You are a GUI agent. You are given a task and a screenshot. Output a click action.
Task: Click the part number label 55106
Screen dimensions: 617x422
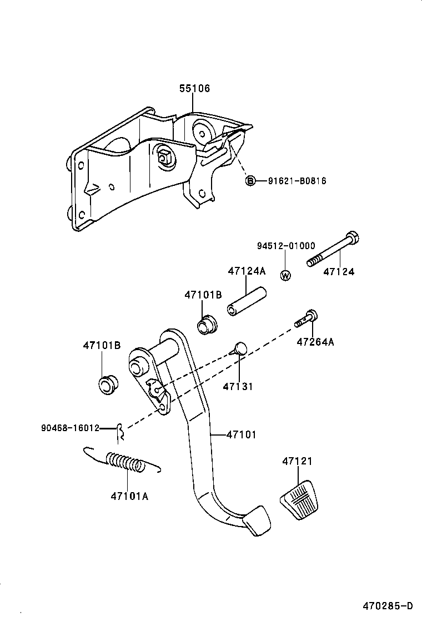(x=194, y=88)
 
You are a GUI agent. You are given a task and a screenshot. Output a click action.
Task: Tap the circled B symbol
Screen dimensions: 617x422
(x=250, y=181)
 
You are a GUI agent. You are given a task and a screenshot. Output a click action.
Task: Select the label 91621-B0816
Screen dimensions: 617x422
(x=297, y=181)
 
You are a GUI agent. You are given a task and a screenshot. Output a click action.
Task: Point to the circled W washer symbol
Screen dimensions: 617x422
(x=285, y=275)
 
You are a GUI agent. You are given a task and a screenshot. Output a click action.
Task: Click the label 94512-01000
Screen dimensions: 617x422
(x=286, y=246)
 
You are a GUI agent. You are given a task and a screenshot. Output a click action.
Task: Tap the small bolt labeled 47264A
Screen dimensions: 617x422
(x=307, y=319)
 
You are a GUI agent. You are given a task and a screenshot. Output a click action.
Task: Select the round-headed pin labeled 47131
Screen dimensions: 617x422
(x=239, y=349)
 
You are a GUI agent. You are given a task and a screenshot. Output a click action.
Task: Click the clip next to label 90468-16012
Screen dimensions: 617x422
(x=119, y=428)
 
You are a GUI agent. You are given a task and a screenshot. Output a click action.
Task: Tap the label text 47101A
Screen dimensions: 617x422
(x=129, y=496)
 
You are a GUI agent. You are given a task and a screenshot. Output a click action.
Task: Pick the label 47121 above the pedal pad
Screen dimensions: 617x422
(x=297, y=461)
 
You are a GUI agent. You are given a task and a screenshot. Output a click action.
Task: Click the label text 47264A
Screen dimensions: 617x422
(x=315, y=342)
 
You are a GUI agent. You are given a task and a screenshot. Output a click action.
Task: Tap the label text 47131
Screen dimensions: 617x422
(x=238, y=386)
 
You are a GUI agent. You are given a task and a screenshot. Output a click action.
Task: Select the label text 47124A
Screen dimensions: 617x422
(x=247, y=271)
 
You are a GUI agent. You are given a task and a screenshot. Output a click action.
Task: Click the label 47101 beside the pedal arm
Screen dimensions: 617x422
(x=242, y=435)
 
